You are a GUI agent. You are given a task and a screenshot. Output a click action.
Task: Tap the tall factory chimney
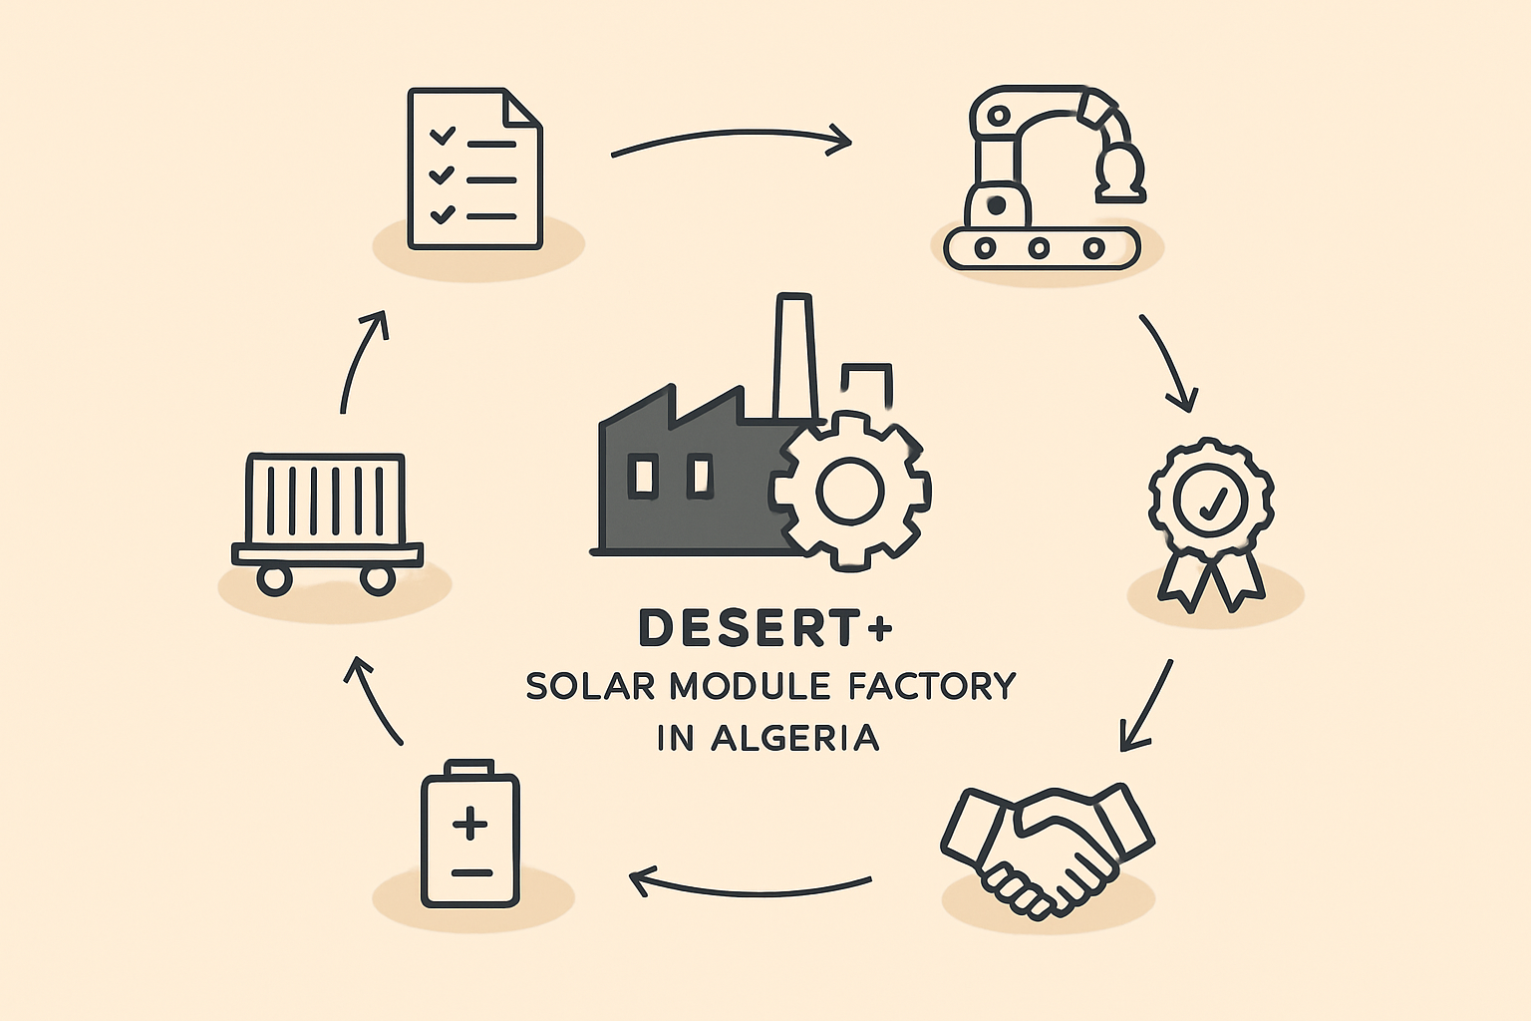coord(794,356)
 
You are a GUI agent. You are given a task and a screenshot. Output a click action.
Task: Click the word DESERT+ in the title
coord(765,628)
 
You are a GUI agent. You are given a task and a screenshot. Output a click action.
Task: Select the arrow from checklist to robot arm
coord(732,133)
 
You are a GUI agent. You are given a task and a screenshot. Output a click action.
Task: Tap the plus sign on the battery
coord(470,823)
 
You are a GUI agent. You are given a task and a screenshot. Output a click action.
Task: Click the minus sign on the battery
coord(471,873)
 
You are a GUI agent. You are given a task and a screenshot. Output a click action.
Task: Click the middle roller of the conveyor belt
coord(1039,247)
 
